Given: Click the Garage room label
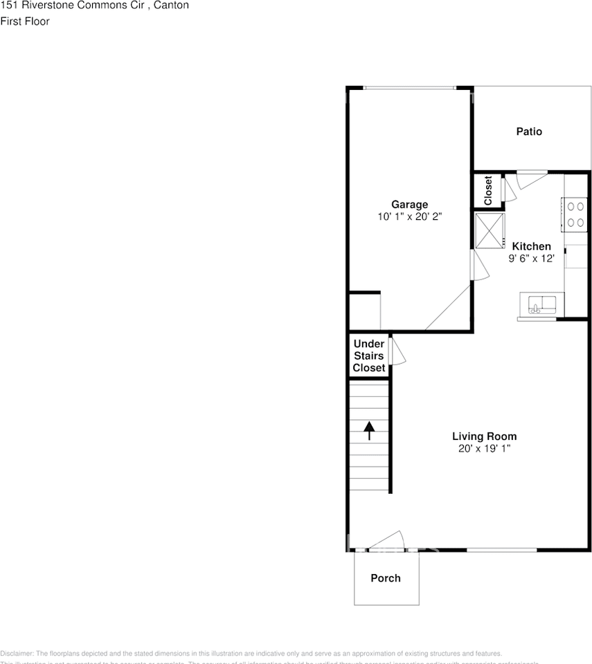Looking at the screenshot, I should click(409, 204).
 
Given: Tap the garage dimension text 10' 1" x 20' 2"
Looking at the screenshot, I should click(409, 216).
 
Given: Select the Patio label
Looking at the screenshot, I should click(529, 131).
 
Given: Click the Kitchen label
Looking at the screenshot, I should click(531, 246).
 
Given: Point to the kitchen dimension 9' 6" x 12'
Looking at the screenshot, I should click(531, 259).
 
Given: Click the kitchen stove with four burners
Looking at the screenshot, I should click(574, 214).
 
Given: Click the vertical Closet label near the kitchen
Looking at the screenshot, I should click(488, 190).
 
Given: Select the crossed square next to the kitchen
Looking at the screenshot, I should click(490, 231).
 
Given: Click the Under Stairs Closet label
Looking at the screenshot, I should click(369, 356).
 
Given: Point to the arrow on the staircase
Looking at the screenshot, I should click(369, 430).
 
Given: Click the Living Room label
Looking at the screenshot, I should click(484, 436).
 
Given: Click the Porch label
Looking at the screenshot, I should click(385, 578).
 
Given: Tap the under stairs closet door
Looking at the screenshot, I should click(397, 351).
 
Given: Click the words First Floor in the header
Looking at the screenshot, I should click(25, 21).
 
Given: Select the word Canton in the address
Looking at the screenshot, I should click(172, 6).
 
